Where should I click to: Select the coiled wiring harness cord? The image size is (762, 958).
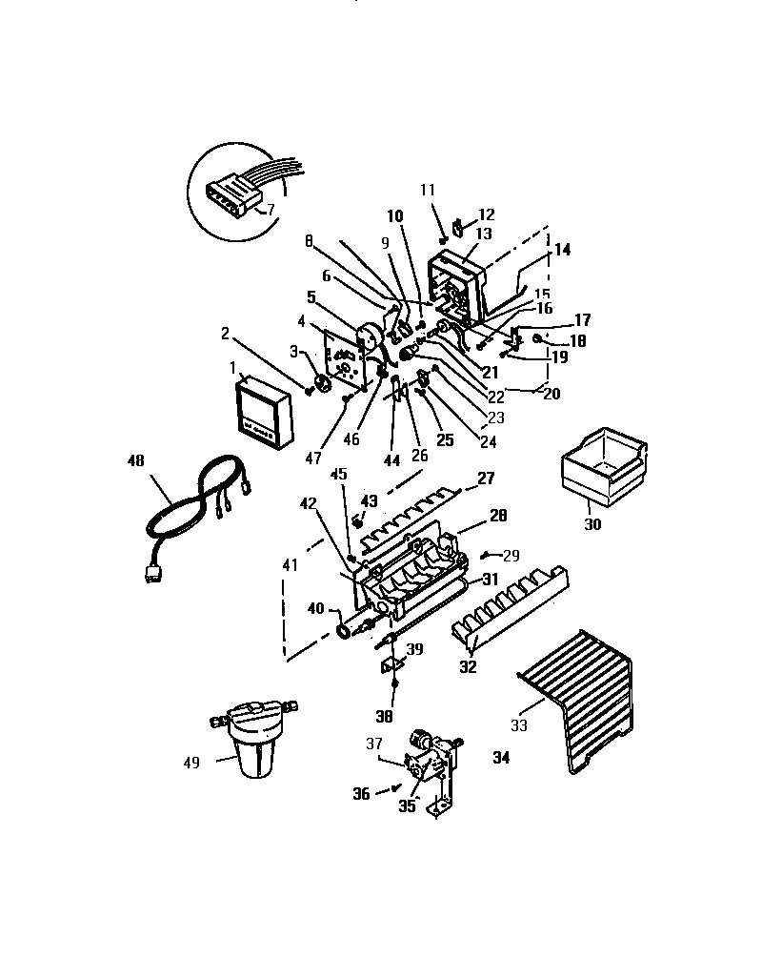pyautogui.click(x=195, y=506)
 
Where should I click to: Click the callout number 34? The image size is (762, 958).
pyautogui.click(x=502, y=758)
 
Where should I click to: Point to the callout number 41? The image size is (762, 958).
pyautogui.click(x=290, y=565)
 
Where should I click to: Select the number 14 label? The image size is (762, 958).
pyautogui.click(x=562, y=250)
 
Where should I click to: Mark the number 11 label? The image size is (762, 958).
pyautogui.click(x=427, y=190)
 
